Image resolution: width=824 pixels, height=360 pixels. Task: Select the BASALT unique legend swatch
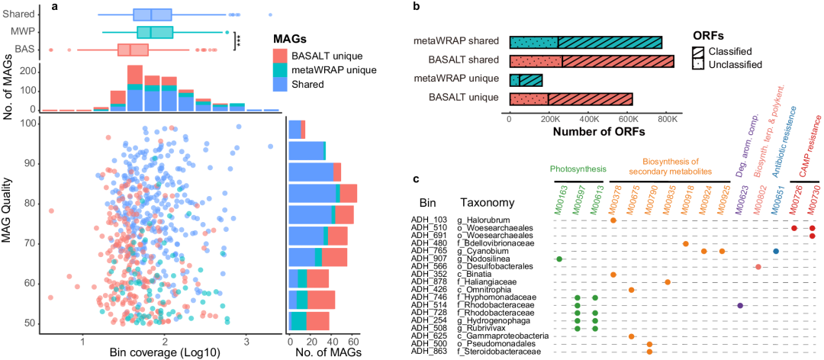[280, 56]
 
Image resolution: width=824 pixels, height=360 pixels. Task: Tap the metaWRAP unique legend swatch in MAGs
[280, 69]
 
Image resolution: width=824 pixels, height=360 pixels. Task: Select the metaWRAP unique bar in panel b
[526, 79]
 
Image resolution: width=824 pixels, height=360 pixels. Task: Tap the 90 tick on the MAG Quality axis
[27, 163]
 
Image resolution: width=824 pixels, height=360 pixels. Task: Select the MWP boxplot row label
[23, 31]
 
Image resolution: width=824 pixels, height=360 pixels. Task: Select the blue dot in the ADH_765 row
[776, 251]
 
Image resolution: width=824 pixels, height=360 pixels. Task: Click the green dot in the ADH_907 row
[559, 259]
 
